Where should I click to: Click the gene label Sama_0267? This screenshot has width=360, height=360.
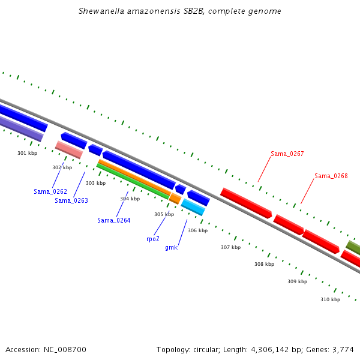[x=287, y=154]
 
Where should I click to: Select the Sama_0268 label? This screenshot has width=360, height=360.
[x=331, y=176]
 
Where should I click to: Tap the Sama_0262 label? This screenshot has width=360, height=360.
[x=50, y=191]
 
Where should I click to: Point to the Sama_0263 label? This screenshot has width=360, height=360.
[x=71, y=200]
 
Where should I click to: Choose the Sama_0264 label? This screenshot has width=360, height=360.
[x=114, y=220]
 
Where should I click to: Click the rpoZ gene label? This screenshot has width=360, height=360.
[x=153, y=238]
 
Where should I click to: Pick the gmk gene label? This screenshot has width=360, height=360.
[x=171, y=247]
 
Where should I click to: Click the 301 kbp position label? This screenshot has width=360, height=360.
[x=27, y=154]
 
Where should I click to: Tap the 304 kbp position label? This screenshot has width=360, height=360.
[x=130, y=199]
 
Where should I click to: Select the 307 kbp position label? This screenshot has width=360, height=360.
[x=230, y=247]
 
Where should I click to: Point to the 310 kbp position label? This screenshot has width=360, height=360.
[x=330, y=299]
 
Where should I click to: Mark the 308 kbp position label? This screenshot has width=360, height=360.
[x=264, y=264]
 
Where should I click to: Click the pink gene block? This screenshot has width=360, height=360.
[x=68, y=150]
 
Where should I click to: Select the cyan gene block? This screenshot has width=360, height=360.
[x=193, y=207]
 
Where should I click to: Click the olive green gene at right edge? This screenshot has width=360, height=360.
[x=353, y=247]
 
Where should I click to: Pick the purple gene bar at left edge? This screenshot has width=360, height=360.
[x=21, y=129]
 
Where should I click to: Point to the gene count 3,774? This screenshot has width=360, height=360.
[x=343, y=349]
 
